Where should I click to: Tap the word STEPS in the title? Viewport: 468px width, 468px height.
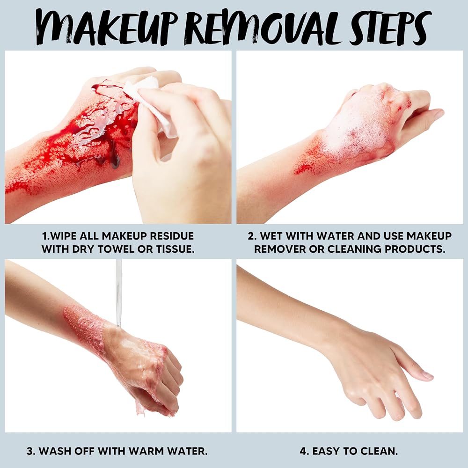pos(391,28)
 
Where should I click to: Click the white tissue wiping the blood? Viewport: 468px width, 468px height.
pos(149,104)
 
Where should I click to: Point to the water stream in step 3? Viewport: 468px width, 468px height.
pos(119,292)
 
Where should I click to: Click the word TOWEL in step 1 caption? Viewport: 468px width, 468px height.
pos(119,249)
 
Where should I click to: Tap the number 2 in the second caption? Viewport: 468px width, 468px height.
pos(252,236)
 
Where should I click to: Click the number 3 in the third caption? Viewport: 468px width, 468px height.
pos(30,451)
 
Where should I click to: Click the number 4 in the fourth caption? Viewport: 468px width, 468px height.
pos(304,451)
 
